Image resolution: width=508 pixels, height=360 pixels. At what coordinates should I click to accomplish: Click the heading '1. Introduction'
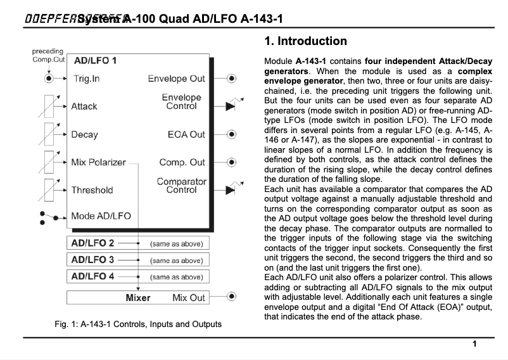(305, 42)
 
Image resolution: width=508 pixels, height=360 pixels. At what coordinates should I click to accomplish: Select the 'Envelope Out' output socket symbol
(231, 79)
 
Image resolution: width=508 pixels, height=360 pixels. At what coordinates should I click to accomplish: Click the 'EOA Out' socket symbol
(231, 134)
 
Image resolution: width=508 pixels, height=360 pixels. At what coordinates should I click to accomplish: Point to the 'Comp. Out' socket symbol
(231, 162)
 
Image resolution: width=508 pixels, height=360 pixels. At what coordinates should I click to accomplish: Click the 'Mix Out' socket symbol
(231, 297)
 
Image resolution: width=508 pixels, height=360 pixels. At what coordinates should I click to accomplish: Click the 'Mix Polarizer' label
(98, 162)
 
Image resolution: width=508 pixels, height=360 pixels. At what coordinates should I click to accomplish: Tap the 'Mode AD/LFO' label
(101, 216)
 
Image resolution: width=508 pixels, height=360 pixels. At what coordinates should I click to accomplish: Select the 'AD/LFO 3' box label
(93, 260)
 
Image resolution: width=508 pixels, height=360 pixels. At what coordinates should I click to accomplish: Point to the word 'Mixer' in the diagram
(138, 297)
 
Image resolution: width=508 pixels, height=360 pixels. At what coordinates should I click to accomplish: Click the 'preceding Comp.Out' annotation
(48, 55)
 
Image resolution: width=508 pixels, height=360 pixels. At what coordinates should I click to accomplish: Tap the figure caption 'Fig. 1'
(138, 325)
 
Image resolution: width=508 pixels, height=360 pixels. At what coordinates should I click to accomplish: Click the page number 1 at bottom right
(474, 344)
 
